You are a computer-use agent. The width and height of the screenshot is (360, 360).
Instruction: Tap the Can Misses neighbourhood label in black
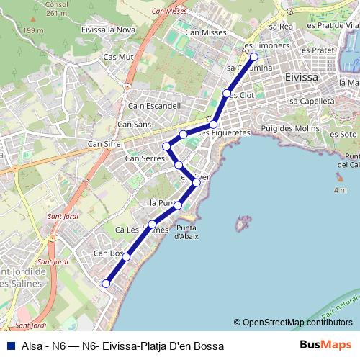click(205, 32)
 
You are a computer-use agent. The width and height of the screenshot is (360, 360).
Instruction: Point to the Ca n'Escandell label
click(153, 106)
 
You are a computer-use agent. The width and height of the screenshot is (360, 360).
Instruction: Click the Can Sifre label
click(104, 144)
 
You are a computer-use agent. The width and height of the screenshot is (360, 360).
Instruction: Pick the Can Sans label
click(134, 125)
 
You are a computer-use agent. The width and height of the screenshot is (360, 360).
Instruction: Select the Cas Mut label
click(119, 56)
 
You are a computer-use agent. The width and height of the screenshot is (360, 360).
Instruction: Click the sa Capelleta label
click(312, 102)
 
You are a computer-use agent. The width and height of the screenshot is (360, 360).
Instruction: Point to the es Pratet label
click(318, 50)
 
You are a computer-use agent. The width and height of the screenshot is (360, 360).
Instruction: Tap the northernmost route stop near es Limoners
click(253, 56)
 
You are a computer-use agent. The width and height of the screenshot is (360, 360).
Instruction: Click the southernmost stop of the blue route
click(107, 284)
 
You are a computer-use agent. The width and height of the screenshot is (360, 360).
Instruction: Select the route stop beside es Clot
click(227, 94)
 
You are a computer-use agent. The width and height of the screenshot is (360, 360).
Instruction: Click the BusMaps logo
click(325, 345)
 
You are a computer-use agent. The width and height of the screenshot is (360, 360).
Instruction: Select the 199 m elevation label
click(32, 30)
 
